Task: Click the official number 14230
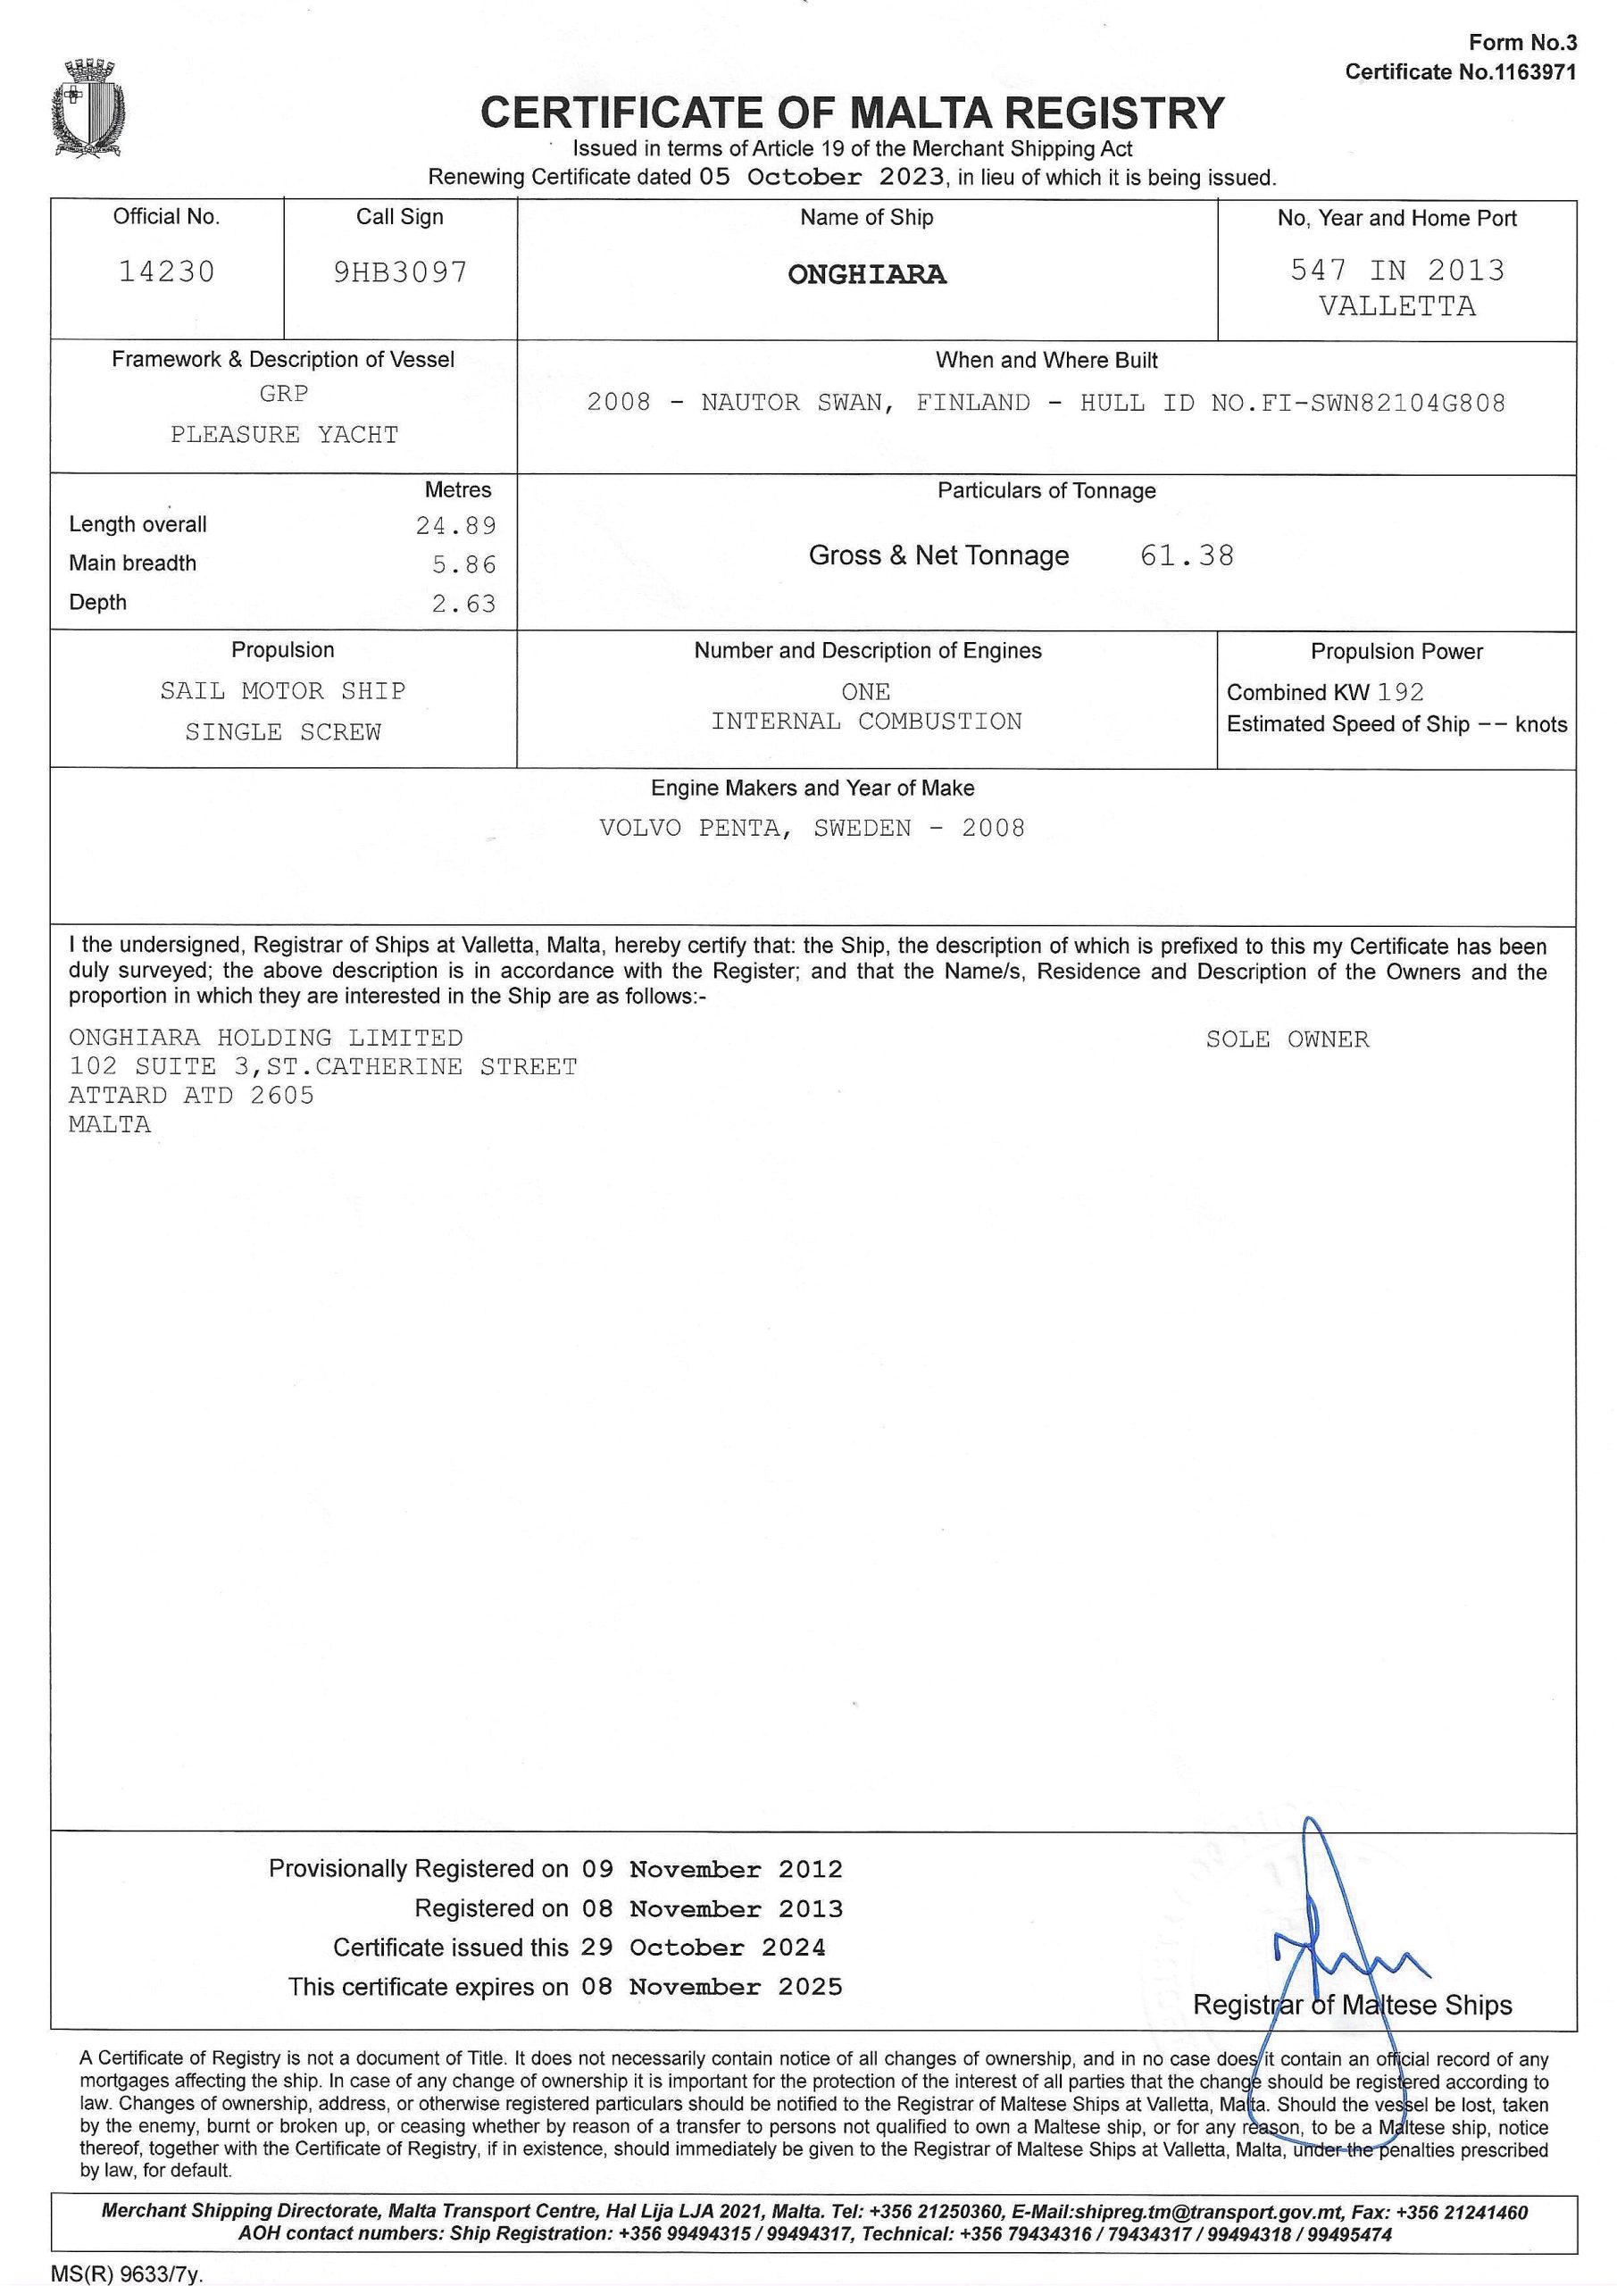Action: [x=166, y=271]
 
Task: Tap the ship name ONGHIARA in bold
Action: [x=866, y=275]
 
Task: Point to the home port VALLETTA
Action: [x=1397, y=306]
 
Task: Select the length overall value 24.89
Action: [x=456, y=526]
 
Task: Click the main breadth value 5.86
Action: [x=464, y=565]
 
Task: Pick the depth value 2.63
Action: [x=464, y=605]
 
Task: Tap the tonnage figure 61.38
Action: [x=1187, y=555]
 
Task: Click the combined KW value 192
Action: [x=1401, y=693]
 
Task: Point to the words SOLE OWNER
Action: [x=1288, y=1039]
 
